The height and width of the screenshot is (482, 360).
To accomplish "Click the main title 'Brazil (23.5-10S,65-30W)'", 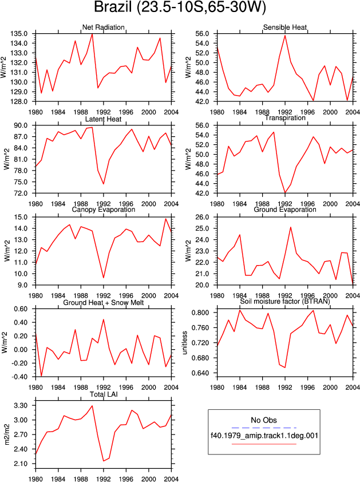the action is tap(180, 7).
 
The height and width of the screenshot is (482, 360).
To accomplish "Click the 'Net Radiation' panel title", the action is tap(103, 27).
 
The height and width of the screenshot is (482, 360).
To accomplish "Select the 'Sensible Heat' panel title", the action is tap(285, 27).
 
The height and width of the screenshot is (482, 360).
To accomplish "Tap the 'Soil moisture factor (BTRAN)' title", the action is tap(285, 302).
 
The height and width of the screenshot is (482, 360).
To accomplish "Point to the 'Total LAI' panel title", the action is tap(104, 394).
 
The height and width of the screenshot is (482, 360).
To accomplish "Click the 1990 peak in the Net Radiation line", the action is tap(92, 34).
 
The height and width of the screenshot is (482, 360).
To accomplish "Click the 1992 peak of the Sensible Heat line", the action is tap(285, 35).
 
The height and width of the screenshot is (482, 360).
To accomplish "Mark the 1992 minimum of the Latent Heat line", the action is tap(104, 184).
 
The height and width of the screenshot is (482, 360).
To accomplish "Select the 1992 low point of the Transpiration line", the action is tap(285, 193).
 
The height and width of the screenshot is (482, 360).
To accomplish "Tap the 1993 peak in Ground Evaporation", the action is tap(291, 227).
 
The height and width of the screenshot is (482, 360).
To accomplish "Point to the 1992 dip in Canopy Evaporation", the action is tap(104, 278).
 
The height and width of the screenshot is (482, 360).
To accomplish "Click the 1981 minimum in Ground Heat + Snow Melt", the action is tap(41, 376).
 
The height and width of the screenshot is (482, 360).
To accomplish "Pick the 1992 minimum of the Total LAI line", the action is tap(104, 461).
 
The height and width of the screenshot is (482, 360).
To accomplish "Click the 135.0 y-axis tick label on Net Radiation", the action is tap(19, 34).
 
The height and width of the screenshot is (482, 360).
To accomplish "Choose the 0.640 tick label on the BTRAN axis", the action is tap(200, 373).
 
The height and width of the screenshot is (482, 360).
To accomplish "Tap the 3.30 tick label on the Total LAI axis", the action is tap(21, 405).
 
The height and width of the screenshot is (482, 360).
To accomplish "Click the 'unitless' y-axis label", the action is tap(184, 343).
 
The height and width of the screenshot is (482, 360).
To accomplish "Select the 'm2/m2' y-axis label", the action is tap(7, 434).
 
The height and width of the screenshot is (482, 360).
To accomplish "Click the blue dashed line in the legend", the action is tap(264, 428).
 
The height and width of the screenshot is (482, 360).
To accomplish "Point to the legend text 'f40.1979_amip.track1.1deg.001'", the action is tap(264, 436).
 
